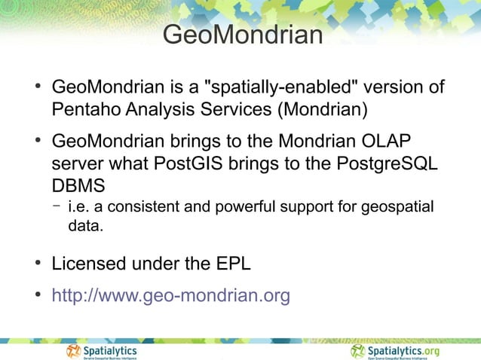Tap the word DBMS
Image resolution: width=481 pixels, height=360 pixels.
pyautogui.click(x=78, y=185)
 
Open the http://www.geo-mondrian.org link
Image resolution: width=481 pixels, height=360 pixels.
pyautogui.click(x=170, y=296)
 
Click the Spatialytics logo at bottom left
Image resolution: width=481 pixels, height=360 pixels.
pyautogui.click(x=102, y=351)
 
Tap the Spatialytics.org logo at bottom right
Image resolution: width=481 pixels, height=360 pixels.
pyautogui.click(x=395, y=351)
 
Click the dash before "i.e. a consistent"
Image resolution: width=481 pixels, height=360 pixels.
pyautogui.click(x=57, y=205)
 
